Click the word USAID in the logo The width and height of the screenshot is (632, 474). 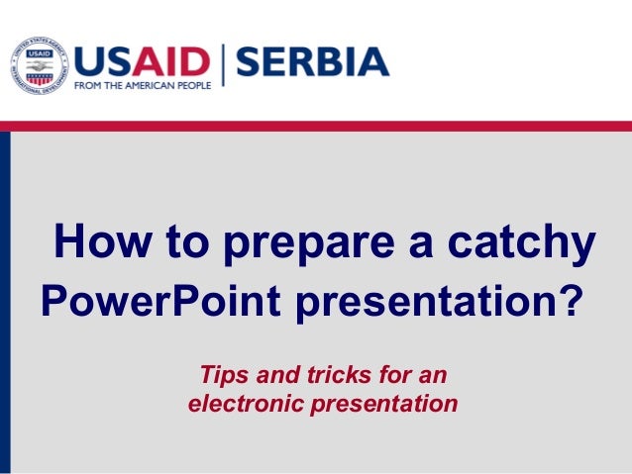143,61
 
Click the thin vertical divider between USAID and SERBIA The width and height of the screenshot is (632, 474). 224,65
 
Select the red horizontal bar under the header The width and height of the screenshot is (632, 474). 316,126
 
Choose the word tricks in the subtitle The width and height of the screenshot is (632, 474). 336,375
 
